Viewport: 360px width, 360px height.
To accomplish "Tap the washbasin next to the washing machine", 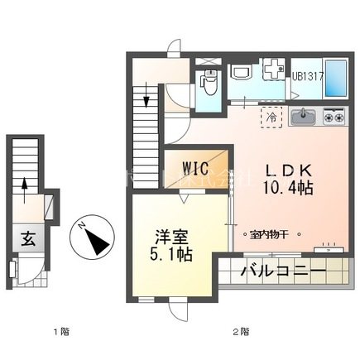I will (x=241, y=72).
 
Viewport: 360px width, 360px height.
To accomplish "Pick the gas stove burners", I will (x=334, y=117).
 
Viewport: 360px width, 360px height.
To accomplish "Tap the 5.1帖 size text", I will (x=172, y=254).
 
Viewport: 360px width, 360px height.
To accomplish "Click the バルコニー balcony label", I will (x=282, y=270).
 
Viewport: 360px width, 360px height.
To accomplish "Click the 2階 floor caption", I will (x=241, y=333).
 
